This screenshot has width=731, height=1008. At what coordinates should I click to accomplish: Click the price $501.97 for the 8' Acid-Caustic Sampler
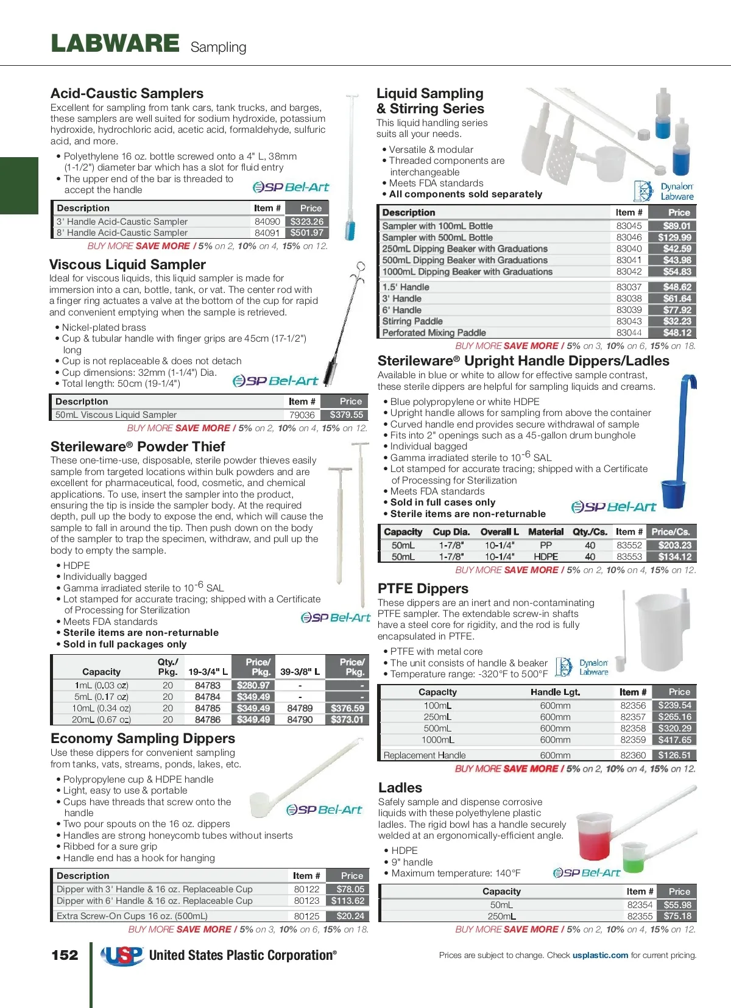click(x=307, y=233)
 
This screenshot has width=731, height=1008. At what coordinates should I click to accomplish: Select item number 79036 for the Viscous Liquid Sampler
click(x=302, y=415)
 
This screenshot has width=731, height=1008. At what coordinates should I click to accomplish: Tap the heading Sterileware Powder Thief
click(x=138, y=446)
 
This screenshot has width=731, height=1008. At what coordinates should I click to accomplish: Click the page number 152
click(x=65, y=955)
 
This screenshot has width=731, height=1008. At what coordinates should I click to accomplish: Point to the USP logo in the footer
click(x=122, y=956)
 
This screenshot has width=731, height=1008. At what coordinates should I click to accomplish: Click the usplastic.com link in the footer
click(x=600, y=955)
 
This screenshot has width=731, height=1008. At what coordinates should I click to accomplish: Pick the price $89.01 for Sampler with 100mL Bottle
click(x=677, y=226)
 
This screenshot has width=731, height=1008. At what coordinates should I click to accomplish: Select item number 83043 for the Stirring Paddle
click(x=629, y=321)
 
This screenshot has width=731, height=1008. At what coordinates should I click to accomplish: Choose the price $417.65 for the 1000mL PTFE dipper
click(x=674, y=740)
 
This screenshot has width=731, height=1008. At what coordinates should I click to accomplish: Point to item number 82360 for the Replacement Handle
click(x=633, y=755)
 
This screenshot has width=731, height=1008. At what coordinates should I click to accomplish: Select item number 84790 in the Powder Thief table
click(x=300, y=719)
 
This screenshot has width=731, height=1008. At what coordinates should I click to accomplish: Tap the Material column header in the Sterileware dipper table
click(x=545, y=532)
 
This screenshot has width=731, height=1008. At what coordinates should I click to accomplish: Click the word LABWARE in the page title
click(x=115, y=44)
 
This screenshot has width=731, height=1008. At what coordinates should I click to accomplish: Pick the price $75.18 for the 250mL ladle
click(x=677, y=916)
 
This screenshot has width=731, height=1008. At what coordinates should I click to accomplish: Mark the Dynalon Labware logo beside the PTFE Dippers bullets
click(x=582, y=667)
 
